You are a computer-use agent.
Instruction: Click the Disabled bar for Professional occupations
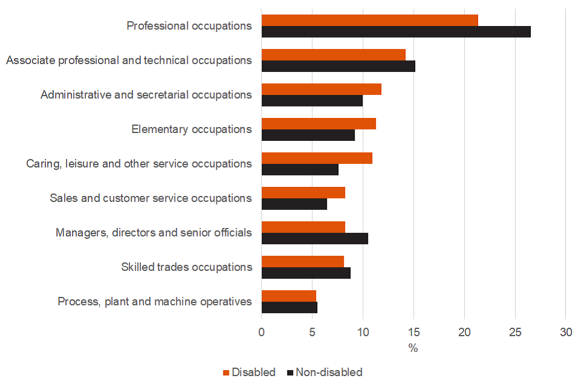pos(370,20)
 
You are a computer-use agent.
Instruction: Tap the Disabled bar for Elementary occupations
pos(318,123)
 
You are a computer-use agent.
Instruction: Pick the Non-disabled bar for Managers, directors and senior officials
pos(315,239)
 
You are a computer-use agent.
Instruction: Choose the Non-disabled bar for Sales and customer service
pos(294,204)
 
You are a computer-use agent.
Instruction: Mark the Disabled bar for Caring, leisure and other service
pos(317,158)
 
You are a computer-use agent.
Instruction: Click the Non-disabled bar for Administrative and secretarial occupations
pos(312,101)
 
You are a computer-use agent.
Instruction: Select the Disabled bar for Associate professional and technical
pos(333,54)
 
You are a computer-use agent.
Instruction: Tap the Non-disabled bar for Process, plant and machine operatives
pos(289,308)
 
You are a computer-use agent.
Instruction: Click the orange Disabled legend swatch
pos(228,372)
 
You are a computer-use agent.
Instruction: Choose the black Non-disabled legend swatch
pos(290,372)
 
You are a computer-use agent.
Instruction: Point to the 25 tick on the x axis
pos(515,332)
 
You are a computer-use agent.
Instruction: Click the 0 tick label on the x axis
pos(261,332)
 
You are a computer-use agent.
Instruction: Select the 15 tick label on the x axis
pos(413,332)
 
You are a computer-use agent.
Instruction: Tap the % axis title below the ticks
pos(413,348)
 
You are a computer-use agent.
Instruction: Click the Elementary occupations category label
pos(191,129)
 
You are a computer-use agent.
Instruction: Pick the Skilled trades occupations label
pos(186,267)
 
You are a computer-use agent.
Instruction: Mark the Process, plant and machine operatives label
pos(154,301)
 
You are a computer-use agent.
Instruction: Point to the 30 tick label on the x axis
pos(565,332)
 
